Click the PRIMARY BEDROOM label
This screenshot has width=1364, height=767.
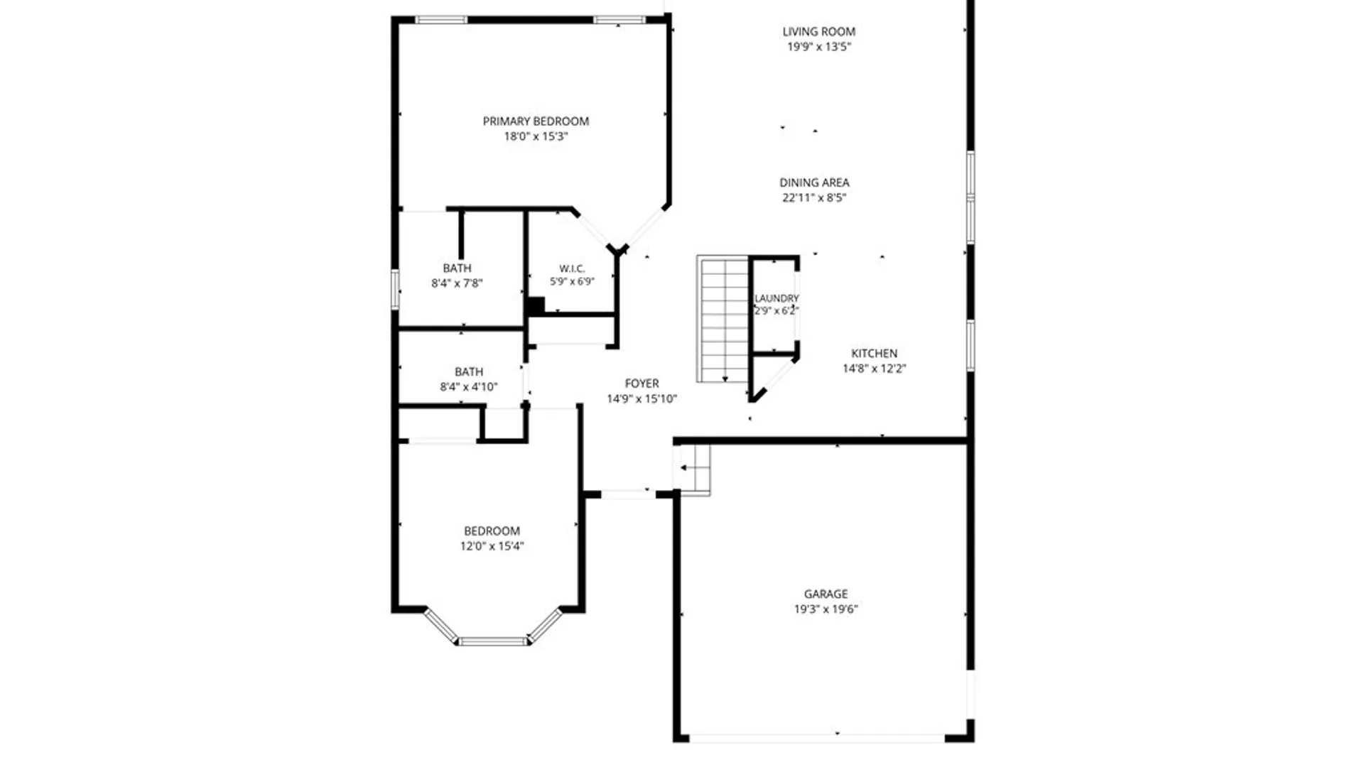coord(536,121)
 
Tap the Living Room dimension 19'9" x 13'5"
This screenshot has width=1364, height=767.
coord(819,47)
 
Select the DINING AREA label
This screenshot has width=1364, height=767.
coord(814,183)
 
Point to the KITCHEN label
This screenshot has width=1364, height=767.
coord(875,353)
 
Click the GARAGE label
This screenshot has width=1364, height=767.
coord(826,594)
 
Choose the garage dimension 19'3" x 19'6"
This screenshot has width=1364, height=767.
coord(826,609)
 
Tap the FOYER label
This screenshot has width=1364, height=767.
coord(642,383)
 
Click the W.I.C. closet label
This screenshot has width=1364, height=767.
coord(572,268)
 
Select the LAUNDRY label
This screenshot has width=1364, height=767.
coord(776,298)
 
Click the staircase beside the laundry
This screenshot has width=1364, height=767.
coord(722,319)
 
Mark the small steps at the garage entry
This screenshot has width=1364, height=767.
coord(692,468)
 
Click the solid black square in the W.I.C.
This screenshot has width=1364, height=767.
coord(536,306)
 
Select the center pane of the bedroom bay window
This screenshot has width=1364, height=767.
coord(493,642)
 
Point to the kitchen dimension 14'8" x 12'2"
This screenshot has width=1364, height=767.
coord(875,369)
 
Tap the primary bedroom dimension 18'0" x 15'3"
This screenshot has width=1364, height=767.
coord(536,136)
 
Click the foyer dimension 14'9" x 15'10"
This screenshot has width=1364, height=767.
coord(642,399)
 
